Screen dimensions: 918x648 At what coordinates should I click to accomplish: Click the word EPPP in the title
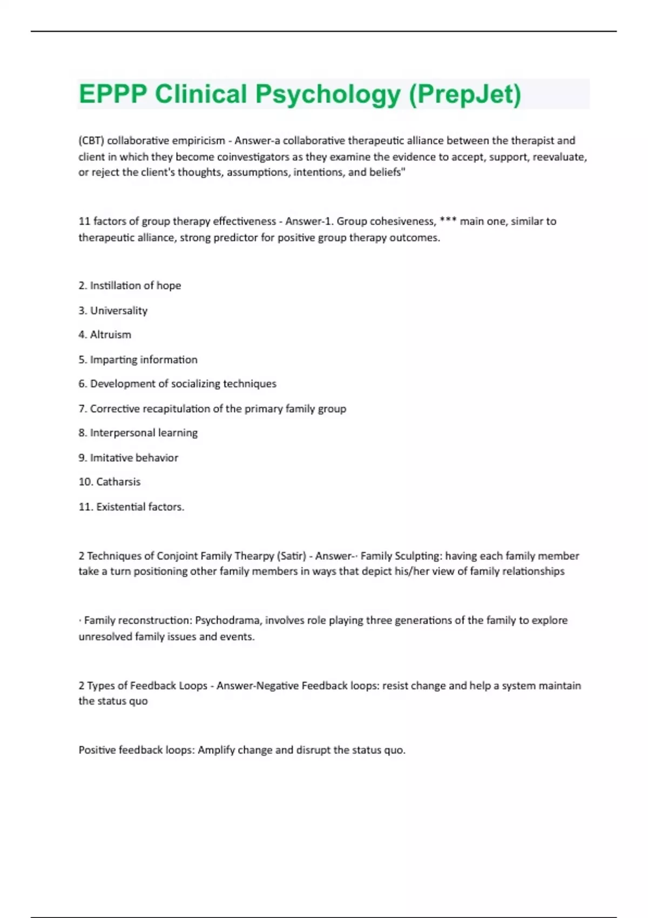click(112, 94)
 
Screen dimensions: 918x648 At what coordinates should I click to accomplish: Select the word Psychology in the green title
click(328, 94)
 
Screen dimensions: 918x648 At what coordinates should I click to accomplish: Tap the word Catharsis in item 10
click(118, 482)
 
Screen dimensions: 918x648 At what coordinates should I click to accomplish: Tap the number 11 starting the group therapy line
click(84, 221)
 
